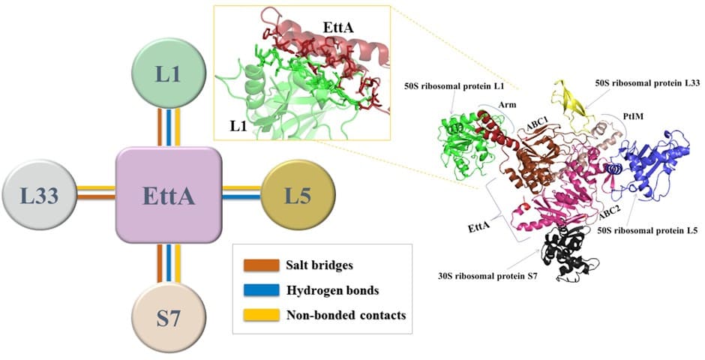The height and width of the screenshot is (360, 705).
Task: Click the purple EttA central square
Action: [168, 196]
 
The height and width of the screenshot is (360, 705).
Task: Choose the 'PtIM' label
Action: [632, 117]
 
